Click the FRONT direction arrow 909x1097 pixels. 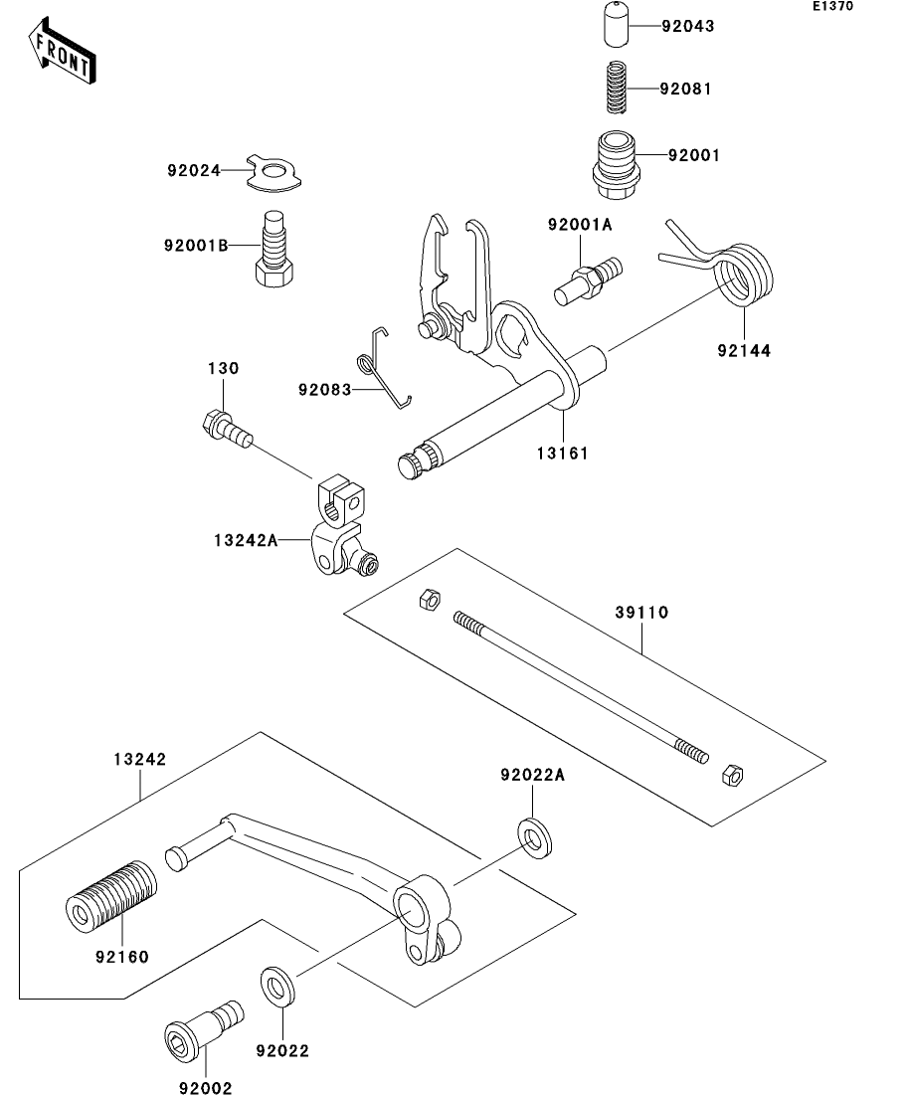[x=62, y=53]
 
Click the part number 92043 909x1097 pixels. [x=688, y=27]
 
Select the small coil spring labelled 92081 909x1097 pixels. [x=616, y=88]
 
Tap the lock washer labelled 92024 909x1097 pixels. [x=273, y=171]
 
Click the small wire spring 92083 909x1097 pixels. [x=380, y=367]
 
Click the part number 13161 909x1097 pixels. [x=563, y=454]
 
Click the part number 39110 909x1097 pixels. [x=641, y=613]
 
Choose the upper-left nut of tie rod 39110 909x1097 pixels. [x=429, y=600]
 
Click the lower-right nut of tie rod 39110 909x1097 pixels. [x=732, y=775]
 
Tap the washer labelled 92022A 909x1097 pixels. [x=534, y=837]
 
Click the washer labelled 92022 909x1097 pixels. [x=277, y=988]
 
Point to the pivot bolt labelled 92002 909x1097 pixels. [x=204, y=1028]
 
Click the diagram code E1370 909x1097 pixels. [x=832, y=6]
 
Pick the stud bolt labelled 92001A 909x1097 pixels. [x=589, y=281]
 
